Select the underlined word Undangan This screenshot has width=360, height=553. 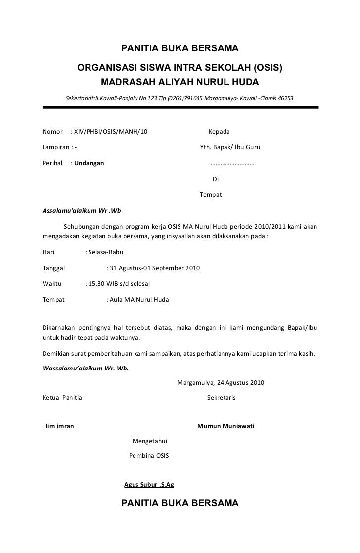89,163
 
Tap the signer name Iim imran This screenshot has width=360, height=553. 60,426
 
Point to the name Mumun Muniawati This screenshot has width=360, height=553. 225,426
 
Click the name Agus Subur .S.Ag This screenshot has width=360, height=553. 148,485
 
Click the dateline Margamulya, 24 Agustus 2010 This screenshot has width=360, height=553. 220,382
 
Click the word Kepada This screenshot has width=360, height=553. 219,133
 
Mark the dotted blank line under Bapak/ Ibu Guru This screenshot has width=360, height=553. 232,164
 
